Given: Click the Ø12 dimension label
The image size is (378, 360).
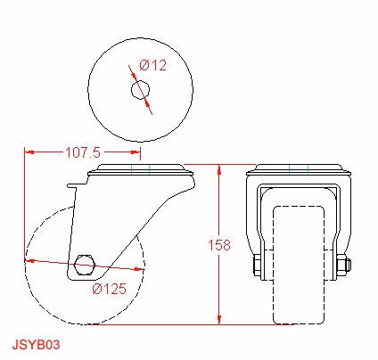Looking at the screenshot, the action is click(153, 65).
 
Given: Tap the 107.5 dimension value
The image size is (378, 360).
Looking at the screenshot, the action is click(83, 152).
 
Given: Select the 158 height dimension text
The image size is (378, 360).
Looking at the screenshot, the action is click(219, 245).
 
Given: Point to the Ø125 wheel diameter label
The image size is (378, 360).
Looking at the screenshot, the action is click(109, 289).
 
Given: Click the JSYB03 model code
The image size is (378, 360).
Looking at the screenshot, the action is click(36, 345).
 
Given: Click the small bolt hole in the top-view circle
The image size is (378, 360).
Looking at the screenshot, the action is click(140, 89).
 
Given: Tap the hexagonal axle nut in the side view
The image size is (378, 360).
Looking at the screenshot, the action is click(85, 265).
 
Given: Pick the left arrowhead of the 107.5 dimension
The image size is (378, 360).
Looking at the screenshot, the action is click(29, 152).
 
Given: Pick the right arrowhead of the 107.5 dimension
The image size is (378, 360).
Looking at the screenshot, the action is click(136, 152).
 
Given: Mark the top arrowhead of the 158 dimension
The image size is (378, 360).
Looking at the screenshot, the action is click(219, 169).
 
